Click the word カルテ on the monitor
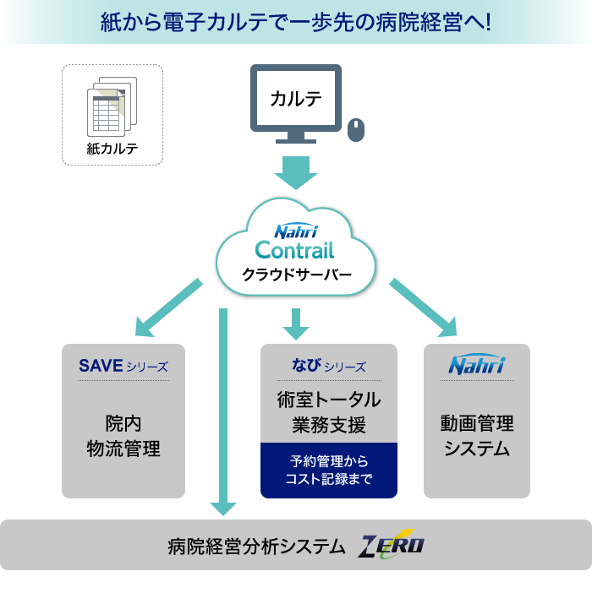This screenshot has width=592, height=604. (296, 98)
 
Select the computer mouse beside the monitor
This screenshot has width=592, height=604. (356, 129)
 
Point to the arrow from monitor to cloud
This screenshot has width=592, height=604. (295, 172)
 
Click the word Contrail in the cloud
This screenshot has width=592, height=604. (294, 250)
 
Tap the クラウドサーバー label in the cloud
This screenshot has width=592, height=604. (295, 275)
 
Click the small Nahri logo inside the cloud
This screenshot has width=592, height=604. (294, 231)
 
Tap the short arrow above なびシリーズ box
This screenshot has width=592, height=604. (295, 324)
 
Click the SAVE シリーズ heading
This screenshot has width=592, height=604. (123, 366)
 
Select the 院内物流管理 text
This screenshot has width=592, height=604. (123, 436)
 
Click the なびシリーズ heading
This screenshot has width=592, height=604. (328, 366)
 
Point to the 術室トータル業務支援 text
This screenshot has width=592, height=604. (328, 411)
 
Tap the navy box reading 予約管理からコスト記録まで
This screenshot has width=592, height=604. (328, 471)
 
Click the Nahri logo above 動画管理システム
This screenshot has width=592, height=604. (476, 366)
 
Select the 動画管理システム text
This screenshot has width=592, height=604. (476, 435)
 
